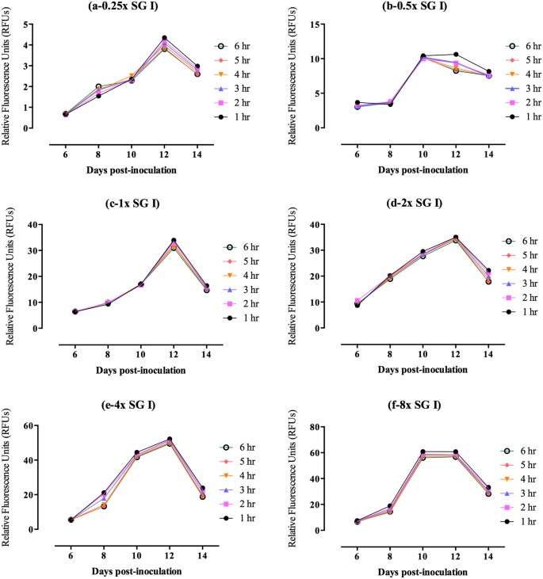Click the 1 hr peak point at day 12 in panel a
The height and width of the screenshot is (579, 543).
point(164,38)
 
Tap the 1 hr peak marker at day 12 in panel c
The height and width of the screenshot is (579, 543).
point(163,241)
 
